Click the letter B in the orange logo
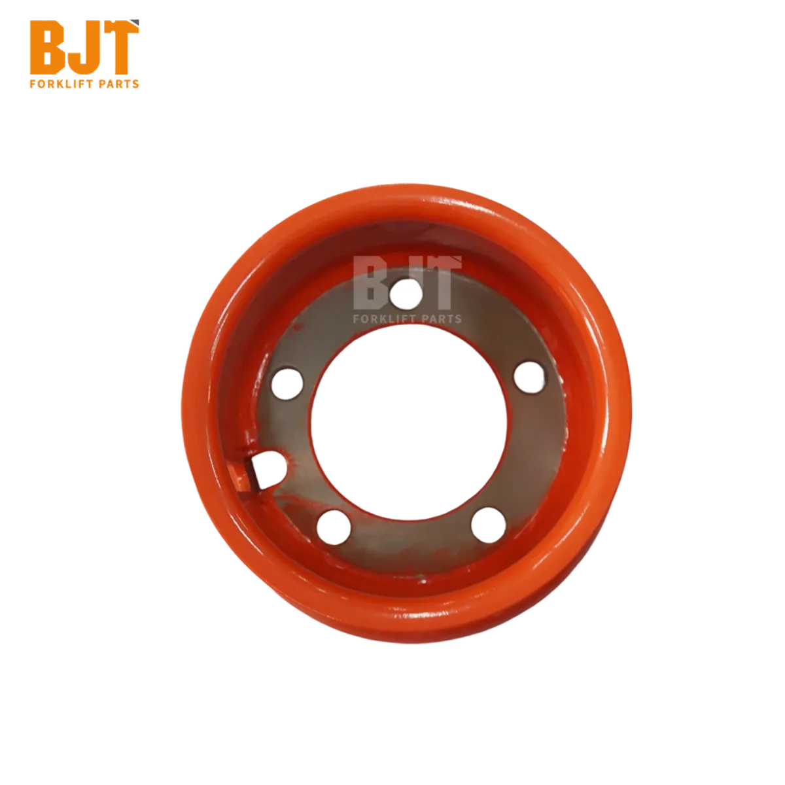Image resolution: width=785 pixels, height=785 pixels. pyautogui.click(x=48, y=47)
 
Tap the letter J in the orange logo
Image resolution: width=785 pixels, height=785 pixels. pyautogui.click(x=84, y=47)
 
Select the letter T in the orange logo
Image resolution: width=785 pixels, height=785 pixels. pyautogui.click(x=119, y=47)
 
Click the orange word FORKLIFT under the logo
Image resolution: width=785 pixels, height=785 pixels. pyautogui.click(x=60, y=84)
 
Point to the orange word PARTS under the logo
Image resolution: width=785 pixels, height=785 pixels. pyautogui.click(x=118, y=84)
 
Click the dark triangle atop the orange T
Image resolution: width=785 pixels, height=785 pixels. pyautogui.click(x=135, y=22)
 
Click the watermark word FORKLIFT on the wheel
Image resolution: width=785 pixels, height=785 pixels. pyautogui.click(x=383, y=319)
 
